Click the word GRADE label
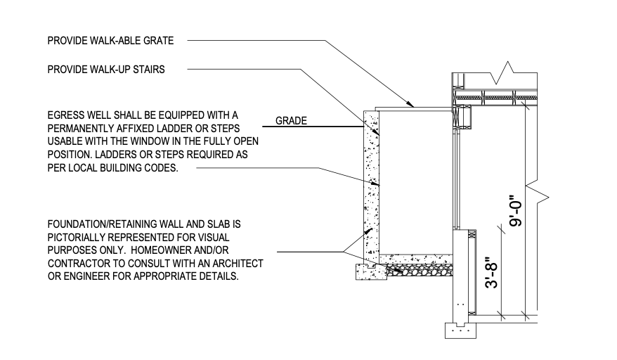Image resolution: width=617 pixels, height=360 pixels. [291, 121]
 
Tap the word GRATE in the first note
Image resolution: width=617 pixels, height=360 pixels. [159, 41]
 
